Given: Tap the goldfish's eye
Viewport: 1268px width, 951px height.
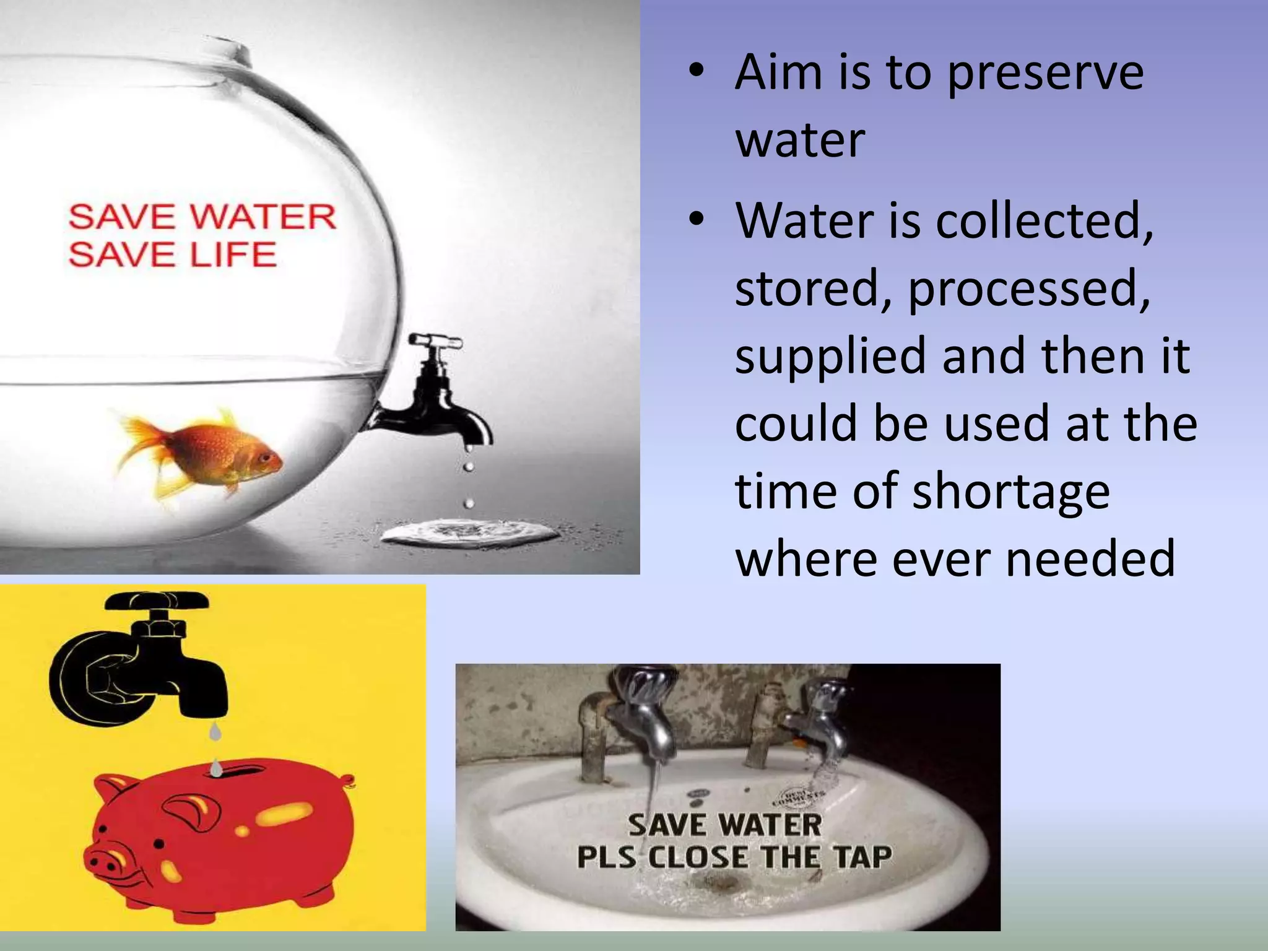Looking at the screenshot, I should point(265,458).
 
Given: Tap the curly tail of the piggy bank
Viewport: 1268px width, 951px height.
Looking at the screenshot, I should point(349,781).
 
